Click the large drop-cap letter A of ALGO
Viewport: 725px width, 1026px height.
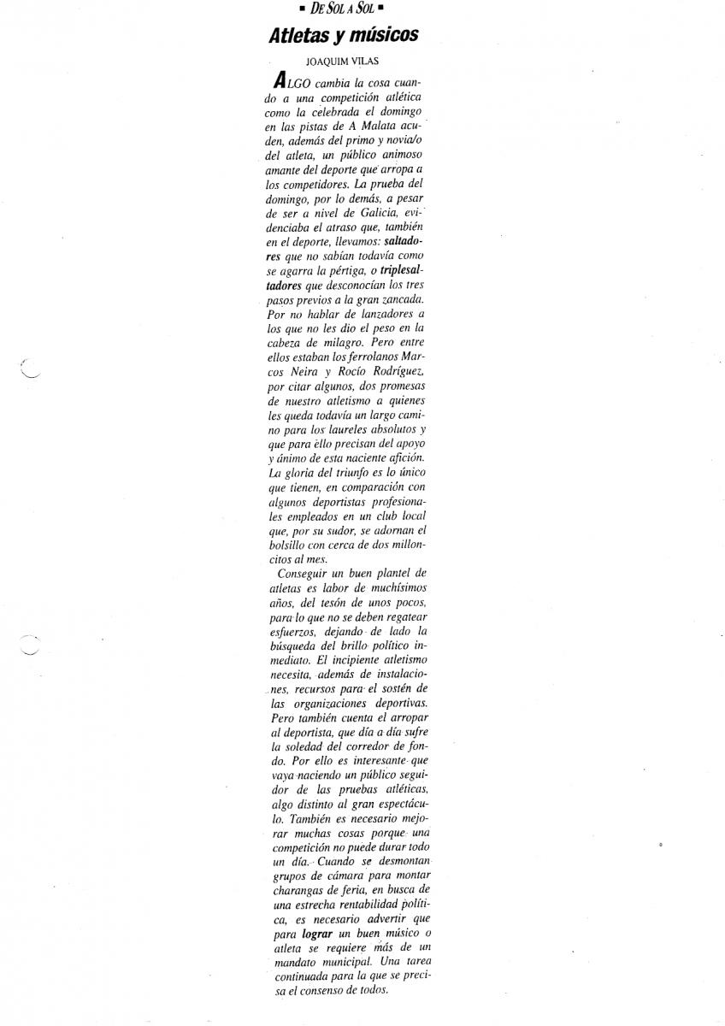278,83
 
